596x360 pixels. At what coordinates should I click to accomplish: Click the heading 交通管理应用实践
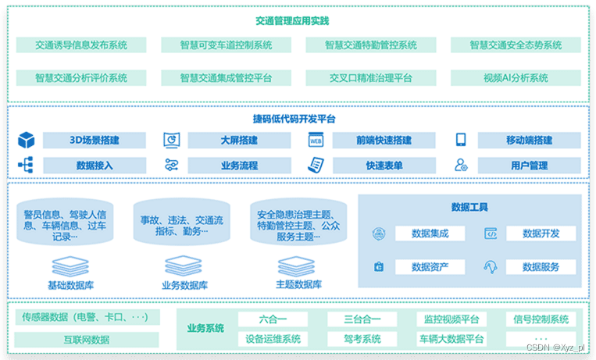pos(298,20)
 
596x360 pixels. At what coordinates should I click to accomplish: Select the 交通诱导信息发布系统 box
pos(81,45)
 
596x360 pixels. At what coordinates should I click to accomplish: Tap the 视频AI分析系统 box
pos(516,78)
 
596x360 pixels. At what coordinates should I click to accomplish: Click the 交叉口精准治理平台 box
pos(370,78)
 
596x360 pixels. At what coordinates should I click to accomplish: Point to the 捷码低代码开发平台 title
pos(294,119)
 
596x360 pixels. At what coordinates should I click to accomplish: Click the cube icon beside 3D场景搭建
pos(27,141)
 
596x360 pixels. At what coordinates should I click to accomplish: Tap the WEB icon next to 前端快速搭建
pos(316,141)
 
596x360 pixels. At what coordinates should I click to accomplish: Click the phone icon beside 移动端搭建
pos(461,141)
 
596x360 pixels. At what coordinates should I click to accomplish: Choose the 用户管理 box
pos(530,166)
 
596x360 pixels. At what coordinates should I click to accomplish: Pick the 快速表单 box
pos(384,166)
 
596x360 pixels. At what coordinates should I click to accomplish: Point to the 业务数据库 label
pos(185,285)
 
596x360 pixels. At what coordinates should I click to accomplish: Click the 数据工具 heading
pos(469,207)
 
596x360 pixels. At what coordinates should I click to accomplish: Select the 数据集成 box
pos(430,233)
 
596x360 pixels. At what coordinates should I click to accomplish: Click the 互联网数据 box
pos(87,340)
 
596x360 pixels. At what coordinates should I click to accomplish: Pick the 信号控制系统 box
pos(541,319)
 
